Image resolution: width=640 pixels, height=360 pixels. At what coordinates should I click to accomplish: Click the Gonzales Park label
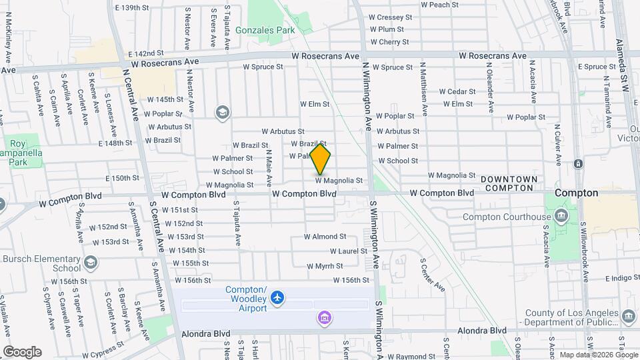268,30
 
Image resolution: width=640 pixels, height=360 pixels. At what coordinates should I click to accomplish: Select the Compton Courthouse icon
561,216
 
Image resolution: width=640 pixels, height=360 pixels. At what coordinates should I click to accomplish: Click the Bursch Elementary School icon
89,263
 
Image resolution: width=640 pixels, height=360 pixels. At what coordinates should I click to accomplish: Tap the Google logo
22,351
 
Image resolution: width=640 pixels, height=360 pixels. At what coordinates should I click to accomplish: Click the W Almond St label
325,236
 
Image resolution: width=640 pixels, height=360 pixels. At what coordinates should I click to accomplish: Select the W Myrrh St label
325,265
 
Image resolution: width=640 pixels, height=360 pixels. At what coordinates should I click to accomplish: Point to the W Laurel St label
348,251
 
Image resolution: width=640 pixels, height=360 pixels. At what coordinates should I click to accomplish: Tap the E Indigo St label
608,278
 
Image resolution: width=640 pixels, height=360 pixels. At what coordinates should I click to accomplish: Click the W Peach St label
439,4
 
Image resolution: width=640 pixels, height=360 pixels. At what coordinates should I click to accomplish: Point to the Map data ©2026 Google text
597,355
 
